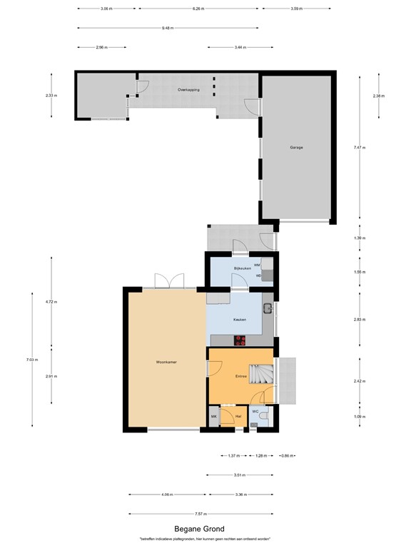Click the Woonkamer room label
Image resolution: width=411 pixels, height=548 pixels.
tap(166, 362)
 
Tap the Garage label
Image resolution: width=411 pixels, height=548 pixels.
tap(296, 148)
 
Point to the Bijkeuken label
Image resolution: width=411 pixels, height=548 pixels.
tap(243, 268)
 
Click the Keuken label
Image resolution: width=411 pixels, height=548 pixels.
tap(240, 320)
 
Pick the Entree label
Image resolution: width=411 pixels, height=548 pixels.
tap(241, 376)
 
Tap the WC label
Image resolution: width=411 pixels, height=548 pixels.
tap(255, 411)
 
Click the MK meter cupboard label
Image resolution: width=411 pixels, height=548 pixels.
tap(213, 416)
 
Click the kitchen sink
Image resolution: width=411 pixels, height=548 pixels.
tap(267, 309)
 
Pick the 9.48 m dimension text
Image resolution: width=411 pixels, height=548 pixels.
tap(168, 28)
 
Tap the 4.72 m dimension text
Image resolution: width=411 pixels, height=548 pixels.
tap(50, 302)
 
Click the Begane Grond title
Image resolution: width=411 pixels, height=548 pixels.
tap(205, 529)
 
